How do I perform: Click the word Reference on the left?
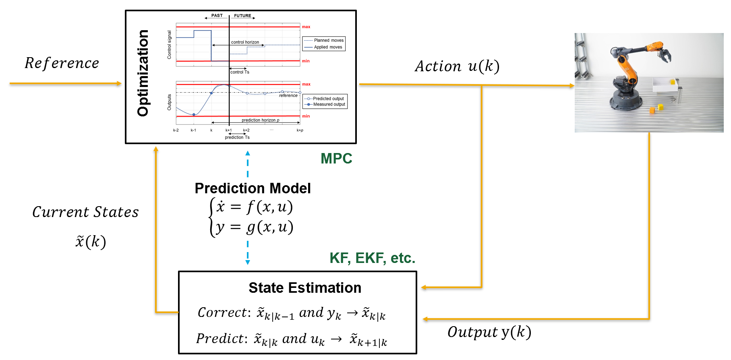tap(62, 63)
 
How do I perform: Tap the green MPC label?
tap(336, 159)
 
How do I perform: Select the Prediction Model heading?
tap(253, 188)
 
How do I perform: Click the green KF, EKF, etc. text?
tap(372, 258)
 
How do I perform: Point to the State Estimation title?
tap(305, 288)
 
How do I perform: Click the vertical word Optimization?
tap(143, 73)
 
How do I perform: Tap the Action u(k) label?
tap(457, 66)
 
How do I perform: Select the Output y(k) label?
tap(489, 332)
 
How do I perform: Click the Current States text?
tap(85, 212)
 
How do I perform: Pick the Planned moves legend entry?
tap(329, 40)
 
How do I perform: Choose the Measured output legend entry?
tap(329, 104)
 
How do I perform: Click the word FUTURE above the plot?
tap(242, 16)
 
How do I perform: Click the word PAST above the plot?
tap(217, 16)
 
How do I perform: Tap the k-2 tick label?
tap(176, 130)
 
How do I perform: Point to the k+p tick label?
tap(300, 130)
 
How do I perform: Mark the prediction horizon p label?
tap(260, 120)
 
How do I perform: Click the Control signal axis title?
tap(169, 45)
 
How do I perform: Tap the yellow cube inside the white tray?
tap(672, 82)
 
